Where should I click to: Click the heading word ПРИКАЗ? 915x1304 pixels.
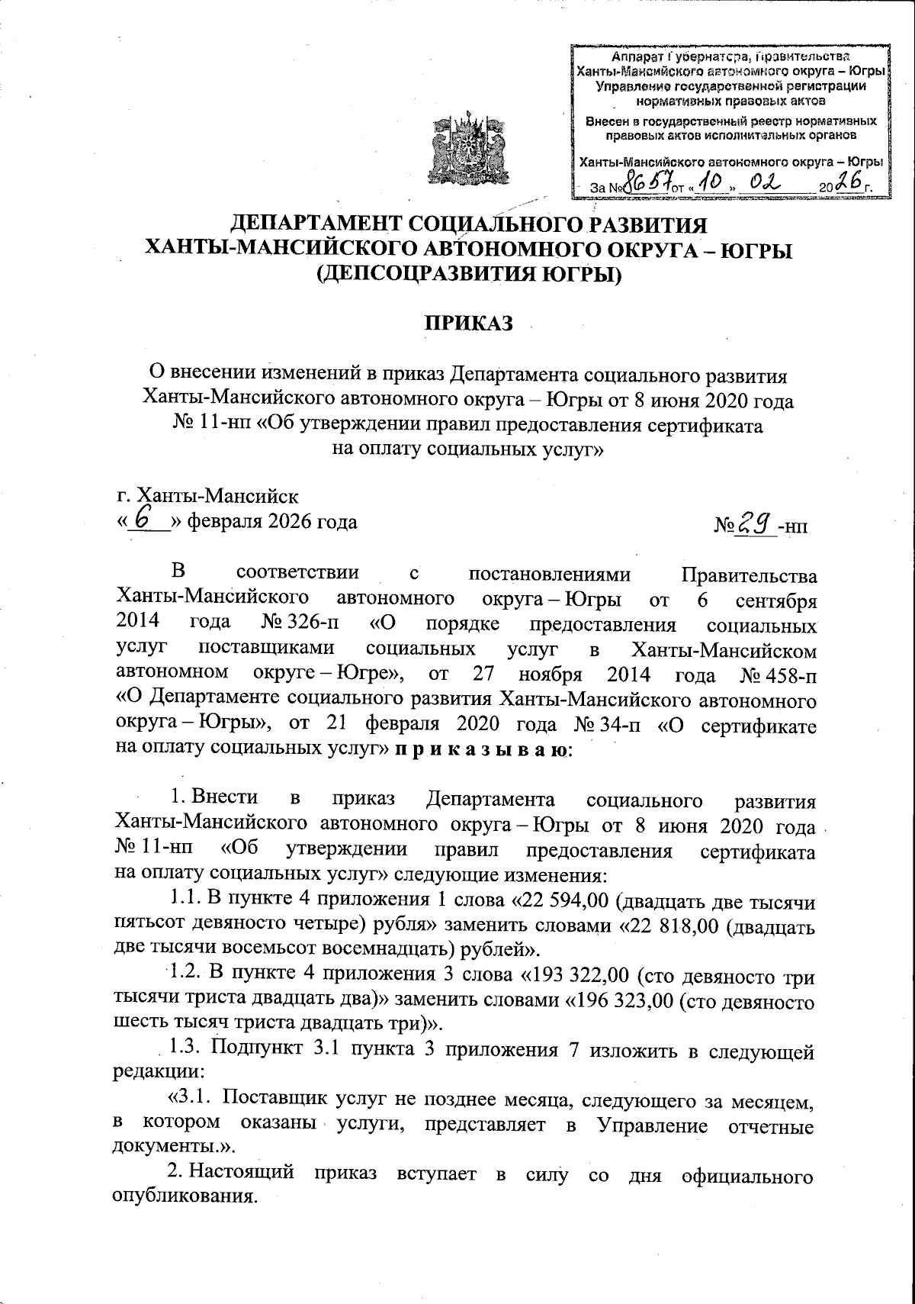coord(468,324)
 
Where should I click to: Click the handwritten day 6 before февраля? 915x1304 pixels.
coord(142,520)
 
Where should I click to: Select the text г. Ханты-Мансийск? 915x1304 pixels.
coord(207,498)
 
